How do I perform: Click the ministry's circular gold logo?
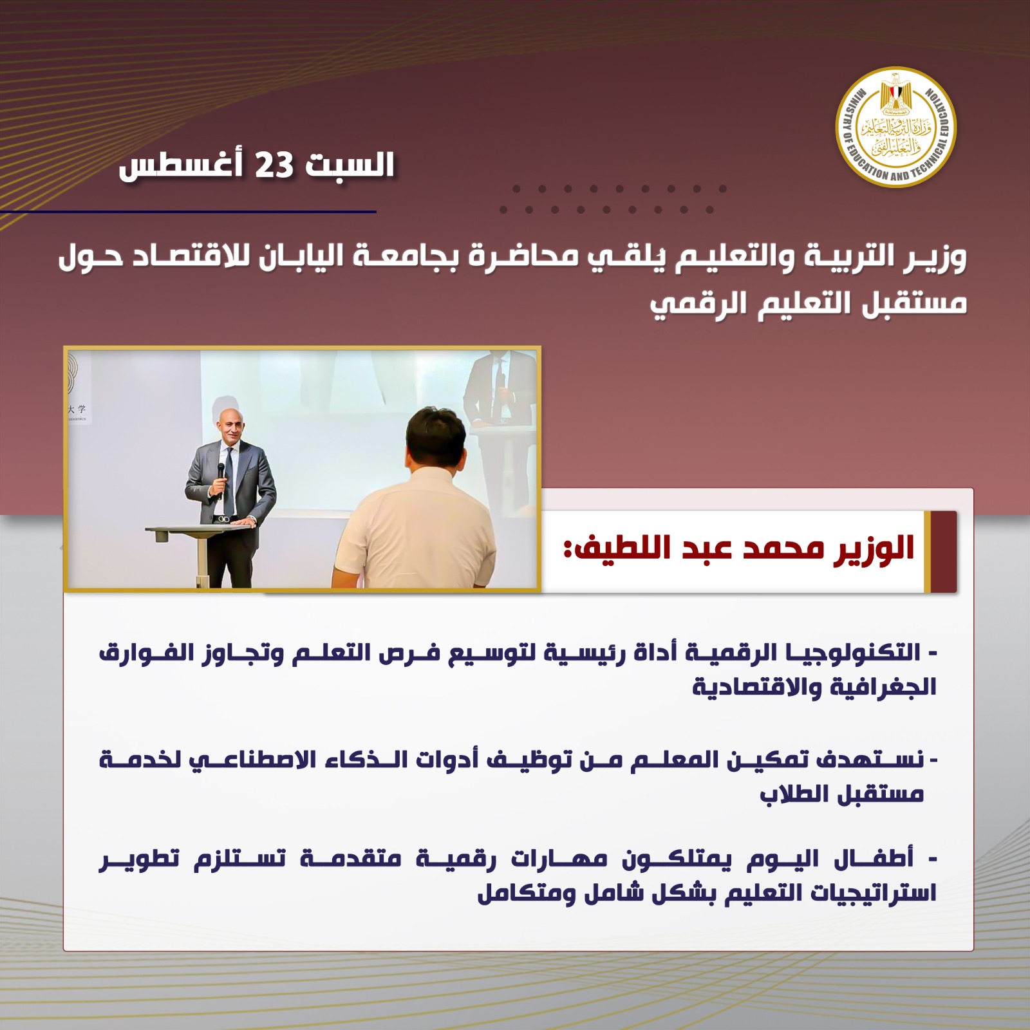point(895,127)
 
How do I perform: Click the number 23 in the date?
point(275,165)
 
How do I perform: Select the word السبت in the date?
point(350,165)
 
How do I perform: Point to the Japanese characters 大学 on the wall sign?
point(77,409)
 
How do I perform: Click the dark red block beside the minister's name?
point(944,552)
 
